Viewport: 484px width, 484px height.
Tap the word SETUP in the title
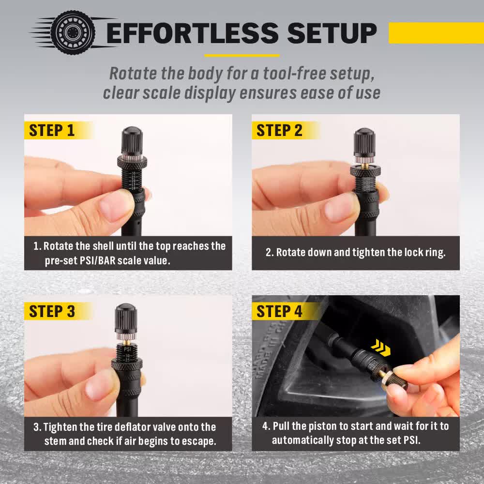point(332,32)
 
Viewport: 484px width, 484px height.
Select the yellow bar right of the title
point(436,32)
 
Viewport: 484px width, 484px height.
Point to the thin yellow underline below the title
point(242,55)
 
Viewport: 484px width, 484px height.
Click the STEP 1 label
point(52,130)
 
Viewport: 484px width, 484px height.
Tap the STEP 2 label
point(279,130)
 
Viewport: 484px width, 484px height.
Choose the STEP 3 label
point(52,311)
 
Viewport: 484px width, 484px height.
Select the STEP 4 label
point(279,311)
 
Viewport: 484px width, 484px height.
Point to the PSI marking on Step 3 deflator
point(128,348)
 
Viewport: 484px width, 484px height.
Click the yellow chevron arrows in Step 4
point(381,345)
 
